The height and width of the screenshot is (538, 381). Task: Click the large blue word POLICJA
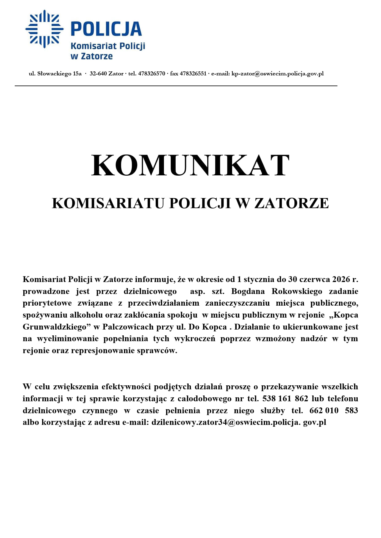tap(106, 29)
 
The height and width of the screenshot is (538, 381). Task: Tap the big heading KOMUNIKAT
tap(190, 166)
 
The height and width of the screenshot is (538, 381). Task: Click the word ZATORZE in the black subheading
tap(291, 203)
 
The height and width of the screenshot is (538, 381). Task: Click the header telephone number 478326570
tap(152, 74)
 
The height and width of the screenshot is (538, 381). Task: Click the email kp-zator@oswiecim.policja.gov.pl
tap(278, 74)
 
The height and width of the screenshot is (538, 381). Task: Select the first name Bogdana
tap(248, 291)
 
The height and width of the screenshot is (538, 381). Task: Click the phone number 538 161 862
tap(285, 399)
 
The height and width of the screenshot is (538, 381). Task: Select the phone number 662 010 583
tap(333, 411)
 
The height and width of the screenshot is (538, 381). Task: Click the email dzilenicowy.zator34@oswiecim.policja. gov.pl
tap(239, 422)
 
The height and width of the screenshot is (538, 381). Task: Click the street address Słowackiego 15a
tap(60, 74)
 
